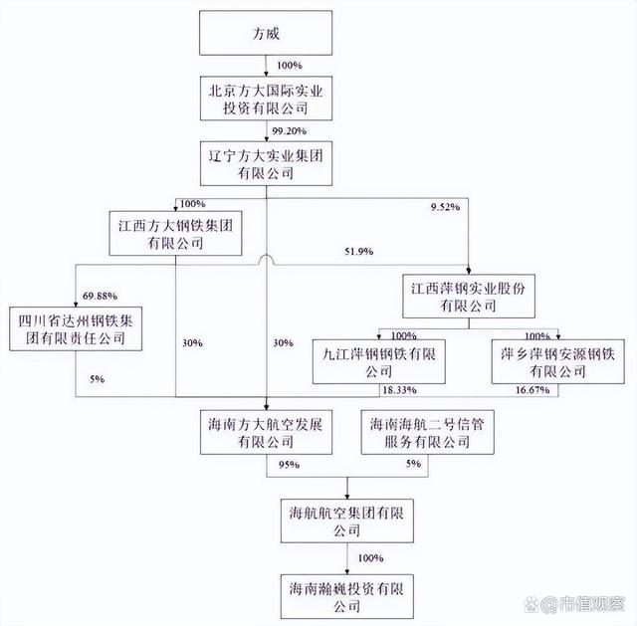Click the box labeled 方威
pyautogui.click(x=267, y=33)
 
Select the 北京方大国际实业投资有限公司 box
pyautogui.click(x=267, y=98)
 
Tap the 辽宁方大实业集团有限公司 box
pyautogui.click(x=267, y=163)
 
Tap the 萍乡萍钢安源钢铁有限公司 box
pyautogui.click(x=556, y=361)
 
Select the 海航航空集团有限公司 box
pyautogui.click(x=346, y=520)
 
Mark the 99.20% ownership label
pyautogui.click(x=289, y=130)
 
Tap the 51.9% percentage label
pyautogui.click(x=358, y=253)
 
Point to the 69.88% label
pyautogui.click(x=103, y=296)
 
